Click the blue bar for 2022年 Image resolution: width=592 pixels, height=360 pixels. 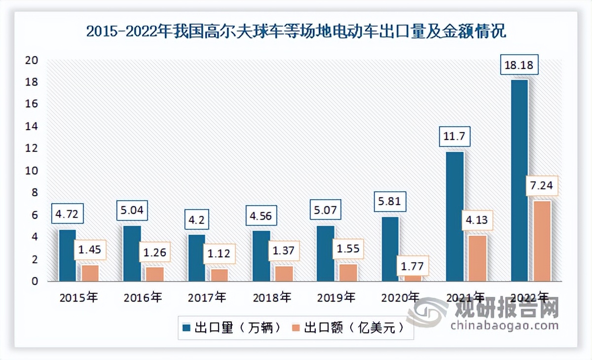[x=519, y=180]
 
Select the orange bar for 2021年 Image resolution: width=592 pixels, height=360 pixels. [x=478, y=258]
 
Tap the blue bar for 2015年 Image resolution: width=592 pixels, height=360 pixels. [x=67, y=255]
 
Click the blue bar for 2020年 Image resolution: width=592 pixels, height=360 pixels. [x=390, y=249]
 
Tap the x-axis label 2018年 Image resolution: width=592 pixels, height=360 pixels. [x=271, y=297]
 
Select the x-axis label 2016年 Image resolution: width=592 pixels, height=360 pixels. [x=143, y=297]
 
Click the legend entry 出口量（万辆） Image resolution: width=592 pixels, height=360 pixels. [x=232, y=328]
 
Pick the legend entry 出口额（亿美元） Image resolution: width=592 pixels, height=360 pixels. [x=347, y=328]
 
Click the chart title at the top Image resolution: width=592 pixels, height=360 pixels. [x=296, y=32]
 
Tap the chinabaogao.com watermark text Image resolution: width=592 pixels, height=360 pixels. [x=504, y=325]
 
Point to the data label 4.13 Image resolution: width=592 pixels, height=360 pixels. [x=477, y=219]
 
